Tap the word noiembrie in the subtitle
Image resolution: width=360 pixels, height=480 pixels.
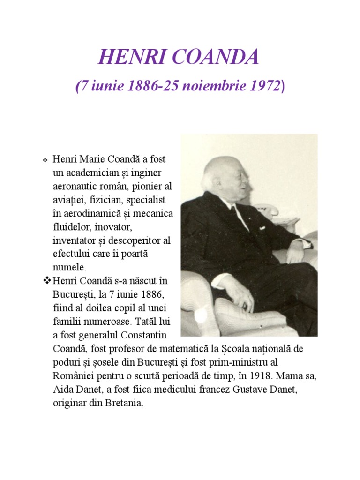coord(209,86)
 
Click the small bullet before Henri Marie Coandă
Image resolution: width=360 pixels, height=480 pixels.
coord(45,160)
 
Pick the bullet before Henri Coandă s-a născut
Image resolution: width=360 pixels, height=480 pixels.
coord(46,281)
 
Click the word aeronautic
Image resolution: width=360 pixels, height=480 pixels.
coord(76,187)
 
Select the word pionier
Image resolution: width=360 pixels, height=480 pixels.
coord(146,187)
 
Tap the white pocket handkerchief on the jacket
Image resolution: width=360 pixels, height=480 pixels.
coord(262,228)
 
